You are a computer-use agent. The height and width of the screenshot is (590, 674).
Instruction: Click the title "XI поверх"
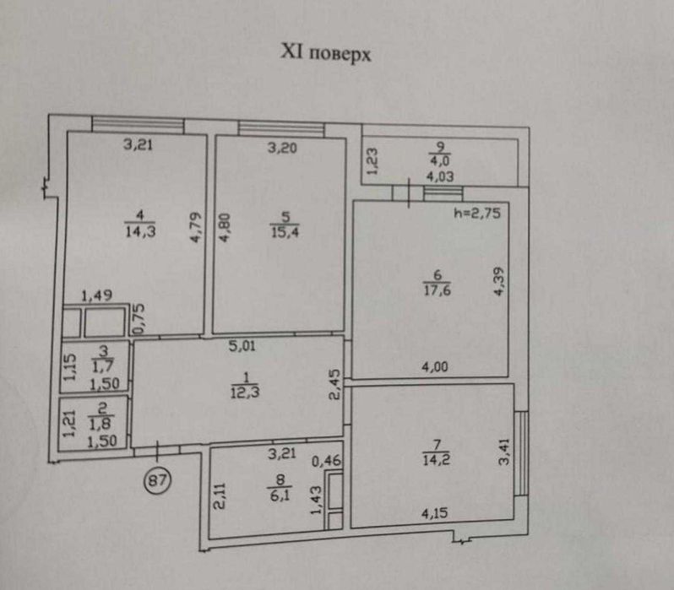tap(326, 53)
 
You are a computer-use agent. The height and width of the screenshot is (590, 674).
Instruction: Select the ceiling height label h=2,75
tap(479, 214)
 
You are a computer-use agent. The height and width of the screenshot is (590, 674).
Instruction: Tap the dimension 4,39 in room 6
tap(499, 281)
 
